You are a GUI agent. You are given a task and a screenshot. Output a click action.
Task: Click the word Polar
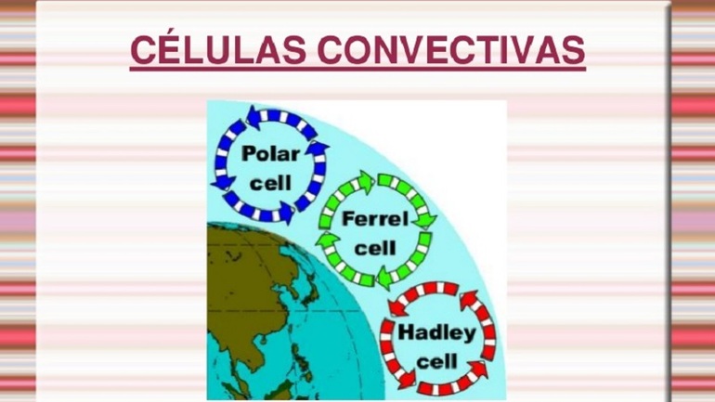tap(271, 153)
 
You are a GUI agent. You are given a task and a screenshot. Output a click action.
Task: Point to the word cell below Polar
tap(270, 183)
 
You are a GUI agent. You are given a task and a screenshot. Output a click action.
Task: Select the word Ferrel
tap(375, 219)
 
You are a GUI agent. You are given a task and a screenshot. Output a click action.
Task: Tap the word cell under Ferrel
tap(375, 249)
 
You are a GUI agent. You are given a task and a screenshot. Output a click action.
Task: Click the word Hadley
tap(436, 332)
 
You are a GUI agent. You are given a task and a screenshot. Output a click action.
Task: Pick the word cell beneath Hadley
tap(436, 362)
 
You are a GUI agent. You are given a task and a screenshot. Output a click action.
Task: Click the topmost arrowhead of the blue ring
tap(254, 116)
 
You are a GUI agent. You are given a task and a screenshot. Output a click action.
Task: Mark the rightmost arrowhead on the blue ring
tap(318, 150)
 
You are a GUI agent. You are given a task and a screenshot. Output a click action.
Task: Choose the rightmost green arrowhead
tap(425, 220)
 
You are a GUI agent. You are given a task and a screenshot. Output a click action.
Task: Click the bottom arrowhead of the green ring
tap(385, 278)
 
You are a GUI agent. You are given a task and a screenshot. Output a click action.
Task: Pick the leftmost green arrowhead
tap(327, 240)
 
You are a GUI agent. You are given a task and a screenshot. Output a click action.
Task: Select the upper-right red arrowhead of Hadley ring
tap(469, 301)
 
